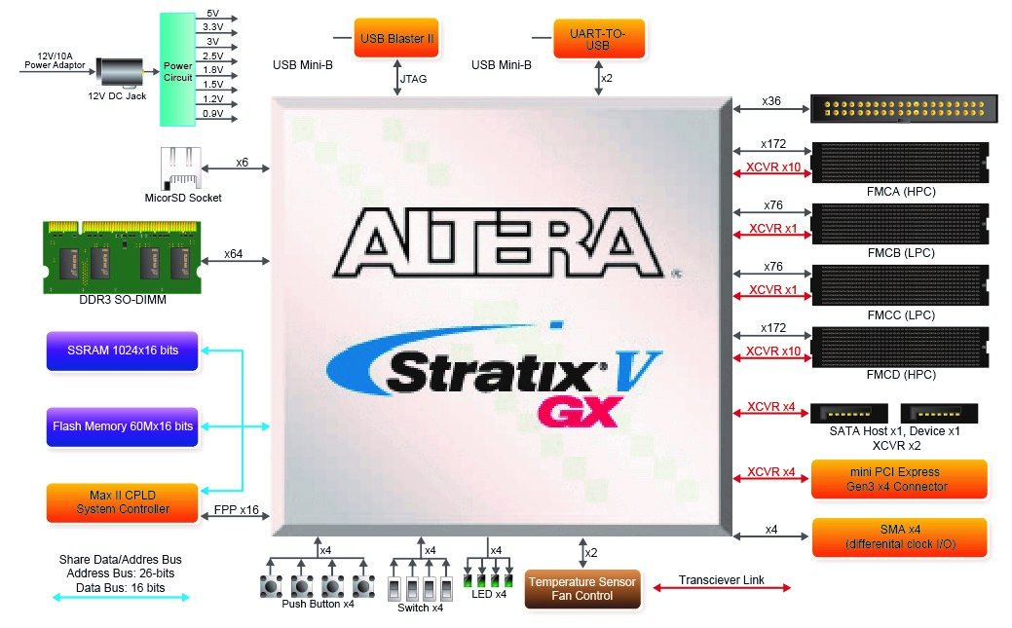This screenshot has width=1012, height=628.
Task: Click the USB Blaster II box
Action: click(x=396, y=38)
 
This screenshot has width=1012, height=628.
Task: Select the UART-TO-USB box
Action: click(x=598, y=38)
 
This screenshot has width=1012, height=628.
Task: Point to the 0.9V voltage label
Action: click(x=211, y=114)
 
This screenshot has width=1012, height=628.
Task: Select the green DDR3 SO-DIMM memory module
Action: click(x=122, y=256)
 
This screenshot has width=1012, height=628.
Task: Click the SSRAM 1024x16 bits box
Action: click(x=122, y=351)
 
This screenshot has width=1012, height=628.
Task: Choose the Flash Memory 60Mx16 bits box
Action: click(x=122, y=426)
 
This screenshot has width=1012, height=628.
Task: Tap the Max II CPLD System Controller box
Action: click(x=122, y=501)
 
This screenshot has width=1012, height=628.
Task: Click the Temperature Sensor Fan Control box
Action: click(x=582, y=589)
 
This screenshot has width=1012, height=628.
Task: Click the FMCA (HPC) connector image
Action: click(x=898, y=162)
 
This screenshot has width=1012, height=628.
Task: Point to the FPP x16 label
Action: click(x=236, y=510)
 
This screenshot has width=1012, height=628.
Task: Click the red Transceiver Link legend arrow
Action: click(x=722, y=588)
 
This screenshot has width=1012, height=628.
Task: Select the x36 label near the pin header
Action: click(x=771, y=101)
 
